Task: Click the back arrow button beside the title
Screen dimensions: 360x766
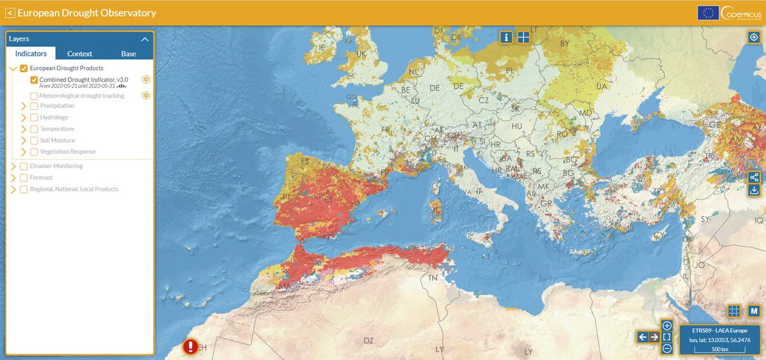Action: pos(10,13)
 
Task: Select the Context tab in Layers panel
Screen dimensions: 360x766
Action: pos(80,54)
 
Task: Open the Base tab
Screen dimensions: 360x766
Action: pos(128,54)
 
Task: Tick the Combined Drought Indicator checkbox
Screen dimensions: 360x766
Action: pos(34,80)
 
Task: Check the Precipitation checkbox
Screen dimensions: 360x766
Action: pos(34,106)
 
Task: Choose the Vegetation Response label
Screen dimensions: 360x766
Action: pos(68,152)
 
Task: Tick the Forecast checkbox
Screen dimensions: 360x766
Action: pos(24,177)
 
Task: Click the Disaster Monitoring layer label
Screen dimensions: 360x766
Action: pos(61,166)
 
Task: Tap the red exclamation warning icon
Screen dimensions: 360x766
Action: pos(190,347)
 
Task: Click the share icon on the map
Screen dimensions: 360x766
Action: pos(755,177)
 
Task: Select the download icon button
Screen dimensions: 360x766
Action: pos(755,190)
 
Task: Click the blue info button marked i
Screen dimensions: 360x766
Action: pos(506,37)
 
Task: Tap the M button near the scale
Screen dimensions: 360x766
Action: pos(754,311)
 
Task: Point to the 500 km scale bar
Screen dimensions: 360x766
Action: pos(721,350)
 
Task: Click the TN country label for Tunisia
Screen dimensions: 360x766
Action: pos(433,278)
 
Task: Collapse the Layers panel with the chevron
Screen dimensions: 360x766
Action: pos(145,39)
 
